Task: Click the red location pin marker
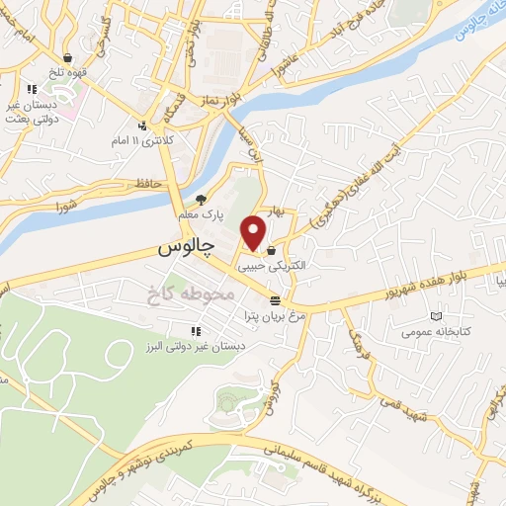coord(254,231)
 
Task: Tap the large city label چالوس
coord(187,249)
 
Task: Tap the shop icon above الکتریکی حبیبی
coord(270,251)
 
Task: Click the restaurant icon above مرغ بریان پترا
coord(275,300)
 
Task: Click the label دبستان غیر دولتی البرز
coord(195,346)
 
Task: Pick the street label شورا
coord(67,206)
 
